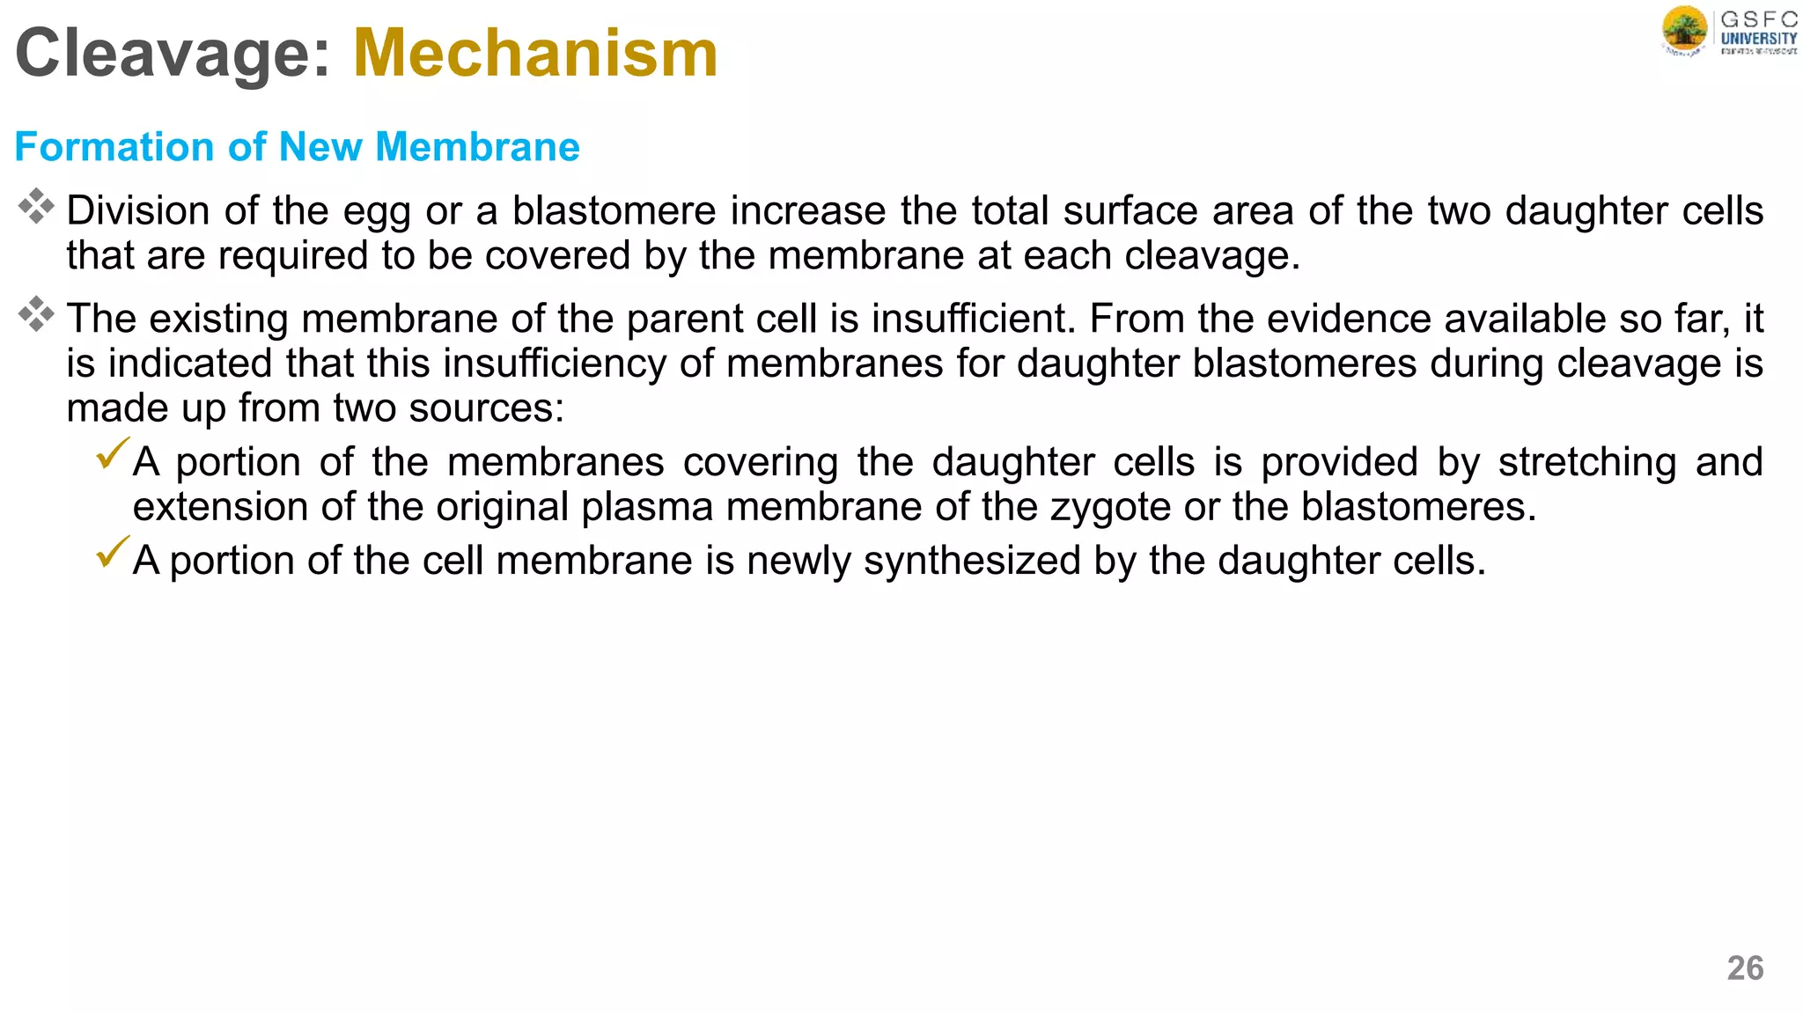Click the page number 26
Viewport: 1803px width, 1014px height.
tap(1745, 968)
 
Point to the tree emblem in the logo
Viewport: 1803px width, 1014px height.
tap(1684, 30)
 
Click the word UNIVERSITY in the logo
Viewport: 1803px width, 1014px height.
tap(1759, 39)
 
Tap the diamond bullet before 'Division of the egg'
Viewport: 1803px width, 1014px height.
tap(36, 206)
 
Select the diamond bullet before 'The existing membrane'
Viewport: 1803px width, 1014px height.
tap(36, 314)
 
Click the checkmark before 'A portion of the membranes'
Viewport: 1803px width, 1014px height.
tap(113, 453)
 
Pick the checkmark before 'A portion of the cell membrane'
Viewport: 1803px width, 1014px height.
tap(113, 552)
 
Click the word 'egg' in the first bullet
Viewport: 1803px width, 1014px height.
tap(376, 212)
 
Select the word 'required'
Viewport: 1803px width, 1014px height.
tap(292, 256)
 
